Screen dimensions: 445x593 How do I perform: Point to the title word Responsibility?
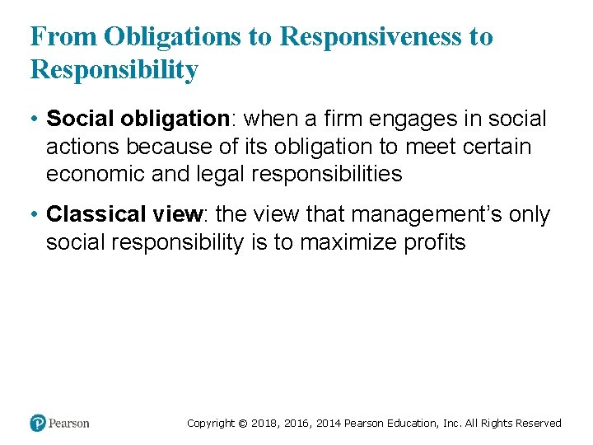[x=114, y=70]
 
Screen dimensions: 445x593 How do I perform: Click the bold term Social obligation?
[x=137, y=119]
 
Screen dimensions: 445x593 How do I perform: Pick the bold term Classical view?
[x=124, y=215]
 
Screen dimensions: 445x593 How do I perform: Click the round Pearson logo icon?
[x=38, y=423]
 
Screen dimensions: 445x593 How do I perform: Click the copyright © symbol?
[x=243, y=424]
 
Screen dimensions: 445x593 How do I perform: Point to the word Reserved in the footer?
[x=539, y=424]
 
